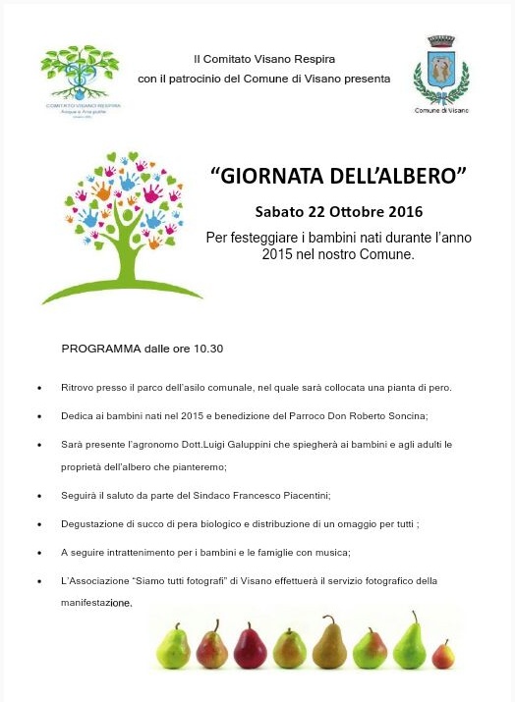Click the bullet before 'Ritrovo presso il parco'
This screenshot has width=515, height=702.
pos(38,388)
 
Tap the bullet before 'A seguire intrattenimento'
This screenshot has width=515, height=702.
pos(38,553)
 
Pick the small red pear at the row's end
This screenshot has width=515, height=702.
pos(443,653)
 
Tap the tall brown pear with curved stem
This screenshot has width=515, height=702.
pos(330,642)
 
